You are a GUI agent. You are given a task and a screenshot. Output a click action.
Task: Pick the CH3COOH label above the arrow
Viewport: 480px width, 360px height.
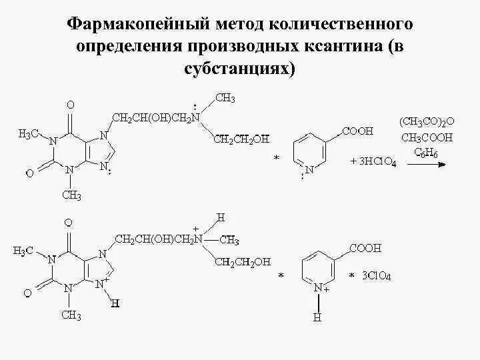(x=427, y=138)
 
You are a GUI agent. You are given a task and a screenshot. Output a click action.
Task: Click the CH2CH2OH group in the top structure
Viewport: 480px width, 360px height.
(x=241, y=139)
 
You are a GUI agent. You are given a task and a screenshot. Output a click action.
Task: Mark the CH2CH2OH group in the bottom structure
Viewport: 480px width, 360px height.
(x=242, y=262)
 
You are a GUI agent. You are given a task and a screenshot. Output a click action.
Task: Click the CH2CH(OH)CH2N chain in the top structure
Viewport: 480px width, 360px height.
(x=155, y=118)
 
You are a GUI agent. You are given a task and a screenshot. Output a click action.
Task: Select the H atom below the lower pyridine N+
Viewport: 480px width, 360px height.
(x=317, y=318)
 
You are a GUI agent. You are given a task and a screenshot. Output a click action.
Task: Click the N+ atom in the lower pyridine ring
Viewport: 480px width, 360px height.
(x=319, y=288)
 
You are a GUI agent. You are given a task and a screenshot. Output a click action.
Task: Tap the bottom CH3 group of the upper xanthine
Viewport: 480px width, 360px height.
(x=71, y=195)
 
